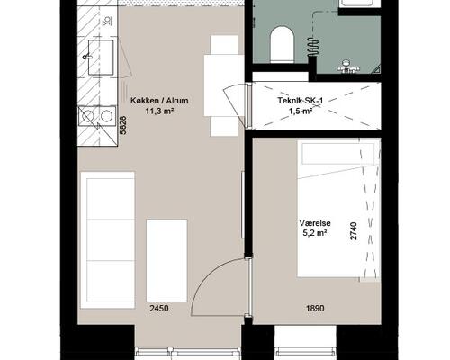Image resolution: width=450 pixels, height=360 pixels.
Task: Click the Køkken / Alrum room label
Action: pos(159,101)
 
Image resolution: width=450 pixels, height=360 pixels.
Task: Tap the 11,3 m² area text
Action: pos(160,112)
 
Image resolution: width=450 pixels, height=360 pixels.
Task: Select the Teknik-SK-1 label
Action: pos(300,101)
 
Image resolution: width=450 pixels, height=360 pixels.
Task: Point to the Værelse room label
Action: pos(315,223)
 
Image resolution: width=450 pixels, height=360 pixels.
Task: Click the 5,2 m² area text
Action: pos(315,233)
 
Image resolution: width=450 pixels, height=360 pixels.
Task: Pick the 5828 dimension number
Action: pos(123,126)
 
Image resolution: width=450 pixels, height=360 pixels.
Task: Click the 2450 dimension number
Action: pos(159,309)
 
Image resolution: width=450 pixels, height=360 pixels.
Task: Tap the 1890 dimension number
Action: pos(315,309)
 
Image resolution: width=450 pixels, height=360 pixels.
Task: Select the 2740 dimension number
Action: pos(354,231)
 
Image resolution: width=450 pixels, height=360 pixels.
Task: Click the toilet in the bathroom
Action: pos(282,44)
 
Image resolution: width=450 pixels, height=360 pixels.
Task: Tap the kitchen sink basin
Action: pos(101,57)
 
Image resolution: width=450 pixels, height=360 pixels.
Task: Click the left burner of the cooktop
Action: pos(87,116)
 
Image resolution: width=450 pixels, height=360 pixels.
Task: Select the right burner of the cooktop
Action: pos(106,116)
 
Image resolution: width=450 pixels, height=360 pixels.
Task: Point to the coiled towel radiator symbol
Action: pos(312,47)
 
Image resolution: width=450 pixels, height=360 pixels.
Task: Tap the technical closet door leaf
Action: pos(235,105)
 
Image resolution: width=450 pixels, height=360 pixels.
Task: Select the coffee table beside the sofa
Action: pos(166,261)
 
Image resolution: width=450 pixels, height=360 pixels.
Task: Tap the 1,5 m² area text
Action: pos(301,112)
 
